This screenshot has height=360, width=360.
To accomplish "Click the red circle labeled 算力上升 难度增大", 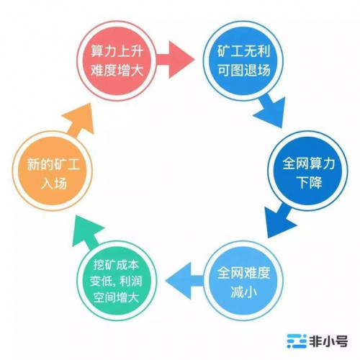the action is [117, 60].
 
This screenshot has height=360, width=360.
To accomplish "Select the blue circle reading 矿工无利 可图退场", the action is [243, 60].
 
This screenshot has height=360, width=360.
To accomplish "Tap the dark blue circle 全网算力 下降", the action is [307, 171].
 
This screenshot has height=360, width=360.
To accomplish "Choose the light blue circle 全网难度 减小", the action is [243, 282].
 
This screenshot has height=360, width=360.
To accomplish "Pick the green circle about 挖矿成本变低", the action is [117, 282].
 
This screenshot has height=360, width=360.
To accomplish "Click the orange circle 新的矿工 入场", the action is [53, 171].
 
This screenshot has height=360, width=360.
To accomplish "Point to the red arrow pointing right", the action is [175, 59].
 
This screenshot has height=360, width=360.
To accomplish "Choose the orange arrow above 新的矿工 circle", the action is [80, 121].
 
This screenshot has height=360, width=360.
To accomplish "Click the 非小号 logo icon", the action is [297, 341].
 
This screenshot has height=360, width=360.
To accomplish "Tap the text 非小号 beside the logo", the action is [328, 341].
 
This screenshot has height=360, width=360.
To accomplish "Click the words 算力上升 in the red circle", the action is [117, 51].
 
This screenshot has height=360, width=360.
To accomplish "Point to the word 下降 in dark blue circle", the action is [309, 182].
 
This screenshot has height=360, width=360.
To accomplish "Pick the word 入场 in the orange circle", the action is [53, 184].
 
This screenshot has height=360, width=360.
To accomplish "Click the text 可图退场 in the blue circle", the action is [244, 70].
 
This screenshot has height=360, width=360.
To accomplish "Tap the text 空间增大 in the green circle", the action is [117, 298].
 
